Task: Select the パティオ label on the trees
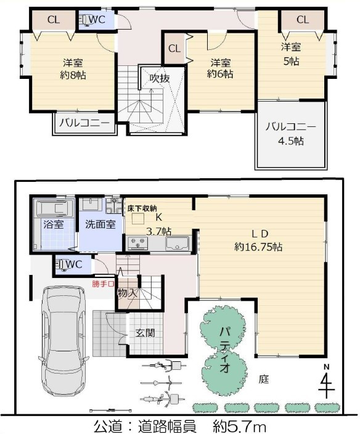coord(224,350)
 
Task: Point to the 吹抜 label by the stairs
coord(160,78)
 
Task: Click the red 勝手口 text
coord(103,284)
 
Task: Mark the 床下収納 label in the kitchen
coord(142,208)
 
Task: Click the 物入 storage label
coord(127,292)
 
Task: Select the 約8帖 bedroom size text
coord(73,75)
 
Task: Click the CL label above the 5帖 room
coord(302,20)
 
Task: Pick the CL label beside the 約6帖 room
coord(174,48)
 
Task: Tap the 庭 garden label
coord(264,379)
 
